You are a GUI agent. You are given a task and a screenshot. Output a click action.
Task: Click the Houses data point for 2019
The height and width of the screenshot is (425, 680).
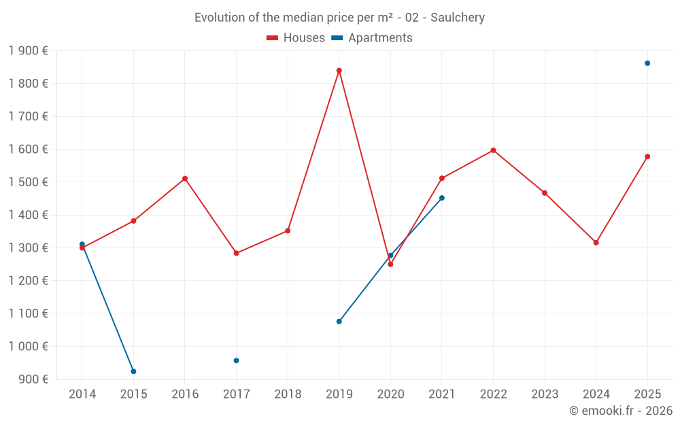click(339, 71)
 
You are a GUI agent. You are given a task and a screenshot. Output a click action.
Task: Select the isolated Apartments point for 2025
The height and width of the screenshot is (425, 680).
click(647, 63)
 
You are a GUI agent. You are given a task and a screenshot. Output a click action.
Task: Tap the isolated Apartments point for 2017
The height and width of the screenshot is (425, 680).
click(236, 360)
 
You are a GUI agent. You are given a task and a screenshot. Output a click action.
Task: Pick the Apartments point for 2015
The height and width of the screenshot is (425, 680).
click(133, 371)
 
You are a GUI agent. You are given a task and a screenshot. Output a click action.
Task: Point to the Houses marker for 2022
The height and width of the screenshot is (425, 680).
click(493, 150)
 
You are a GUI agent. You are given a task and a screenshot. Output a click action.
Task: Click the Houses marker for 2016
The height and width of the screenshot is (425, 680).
click(185, 179)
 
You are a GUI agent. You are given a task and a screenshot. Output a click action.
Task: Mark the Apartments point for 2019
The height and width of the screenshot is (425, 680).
click(339, 322)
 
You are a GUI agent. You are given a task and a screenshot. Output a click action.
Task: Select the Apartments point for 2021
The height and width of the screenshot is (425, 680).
click(441, 198)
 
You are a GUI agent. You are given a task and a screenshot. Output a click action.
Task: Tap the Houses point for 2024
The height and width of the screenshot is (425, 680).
click(596, 243)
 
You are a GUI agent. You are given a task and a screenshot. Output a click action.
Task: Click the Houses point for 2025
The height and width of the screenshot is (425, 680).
click(647, 156)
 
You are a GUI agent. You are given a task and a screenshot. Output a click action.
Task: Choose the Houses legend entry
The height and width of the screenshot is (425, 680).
click(296, 38)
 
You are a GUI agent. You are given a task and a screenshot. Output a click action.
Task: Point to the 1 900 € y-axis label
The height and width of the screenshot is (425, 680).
click(28, 50)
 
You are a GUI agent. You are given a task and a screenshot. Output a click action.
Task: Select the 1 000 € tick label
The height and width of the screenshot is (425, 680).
click(28, 346)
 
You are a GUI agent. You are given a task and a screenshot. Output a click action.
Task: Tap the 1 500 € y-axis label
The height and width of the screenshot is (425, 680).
click(28, 182)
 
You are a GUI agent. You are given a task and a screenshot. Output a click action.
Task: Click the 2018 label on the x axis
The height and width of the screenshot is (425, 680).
click(288, 394)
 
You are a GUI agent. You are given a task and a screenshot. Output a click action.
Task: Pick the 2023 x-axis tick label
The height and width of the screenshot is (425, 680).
click(544, 394)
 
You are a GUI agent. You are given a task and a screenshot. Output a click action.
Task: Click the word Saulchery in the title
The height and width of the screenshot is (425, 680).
click(458, 18)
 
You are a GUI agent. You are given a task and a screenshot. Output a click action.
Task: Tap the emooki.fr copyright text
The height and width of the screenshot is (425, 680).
click(620, 411)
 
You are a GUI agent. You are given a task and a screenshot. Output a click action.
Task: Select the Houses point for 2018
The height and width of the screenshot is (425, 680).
click(288, 231)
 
